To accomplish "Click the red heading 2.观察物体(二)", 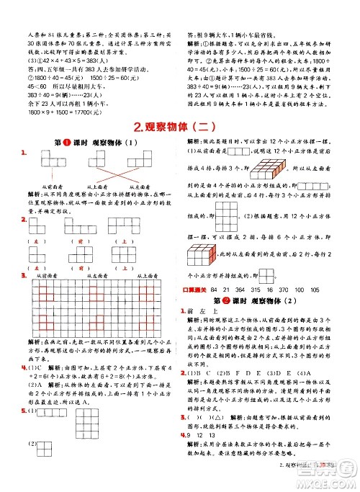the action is click(x=179, y=127).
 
